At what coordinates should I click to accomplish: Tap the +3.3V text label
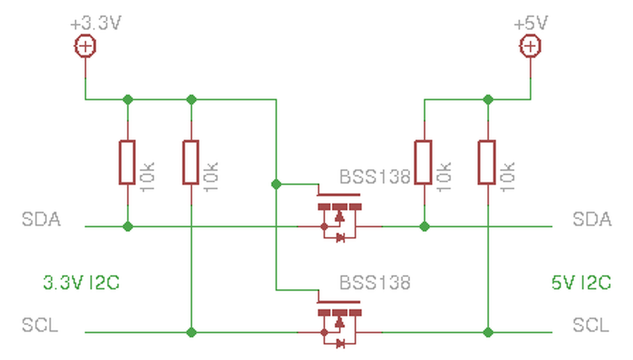coord(96,23)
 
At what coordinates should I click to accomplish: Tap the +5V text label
coord(531,23)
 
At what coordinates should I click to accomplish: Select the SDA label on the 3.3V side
coord(41,219)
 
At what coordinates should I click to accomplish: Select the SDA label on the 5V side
coord(592,219)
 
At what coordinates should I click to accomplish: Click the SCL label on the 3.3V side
coord(40,325)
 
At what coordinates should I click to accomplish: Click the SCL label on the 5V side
coord(591,325)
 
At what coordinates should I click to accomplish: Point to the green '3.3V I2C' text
coord(82,282)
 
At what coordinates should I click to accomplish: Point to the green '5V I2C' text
coord(581,282)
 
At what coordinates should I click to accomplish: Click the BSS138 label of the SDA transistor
coord(375,177)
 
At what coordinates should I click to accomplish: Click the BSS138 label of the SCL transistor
coord(375,282)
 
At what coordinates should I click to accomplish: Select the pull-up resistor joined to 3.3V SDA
coord(128,163)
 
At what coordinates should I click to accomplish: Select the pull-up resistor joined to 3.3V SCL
coord(191,163)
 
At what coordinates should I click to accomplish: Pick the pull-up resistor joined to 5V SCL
coord(487,163)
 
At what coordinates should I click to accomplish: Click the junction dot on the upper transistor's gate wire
coord(276,184)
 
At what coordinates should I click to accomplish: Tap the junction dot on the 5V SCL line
coord(488,332)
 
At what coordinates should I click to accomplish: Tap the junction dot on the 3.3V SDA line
coord(128,226)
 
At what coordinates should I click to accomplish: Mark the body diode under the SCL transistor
coord(341,344)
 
